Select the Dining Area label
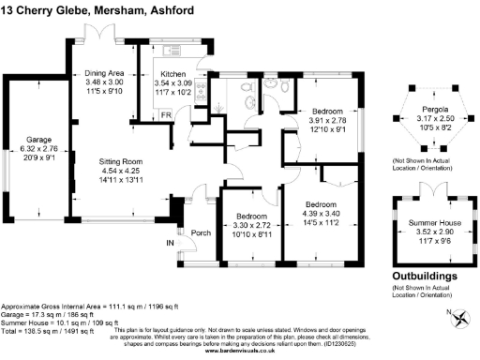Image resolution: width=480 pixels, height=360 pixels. (105, 71)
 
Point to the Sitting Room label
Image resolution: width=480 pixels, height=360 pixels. (121, 162)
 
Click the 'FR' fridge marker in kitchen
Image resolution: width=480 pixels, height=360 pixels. (165, 114)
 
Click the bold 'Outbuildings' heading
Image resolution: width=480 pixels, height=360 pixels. (426, 277)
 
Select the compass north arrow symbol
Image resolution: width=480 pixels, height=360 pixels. (459, 317)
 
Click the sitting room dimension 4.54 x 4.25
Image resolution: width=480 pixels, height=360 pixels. (121, 171)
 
